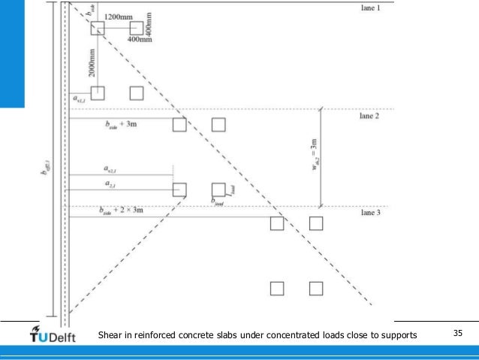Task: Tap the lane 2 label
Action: click(x=371, y=116)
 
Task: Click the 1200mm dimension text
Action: click(x=119, y=17)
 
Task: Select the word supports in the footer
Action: click(x=394, y=334)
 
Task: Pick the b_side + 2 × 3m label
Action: click(x=120, y=210)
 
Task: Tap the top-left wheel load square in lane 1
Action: click(x=97, y=29)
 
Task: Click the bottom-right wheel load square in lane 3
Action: click(x=316, y=288)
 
